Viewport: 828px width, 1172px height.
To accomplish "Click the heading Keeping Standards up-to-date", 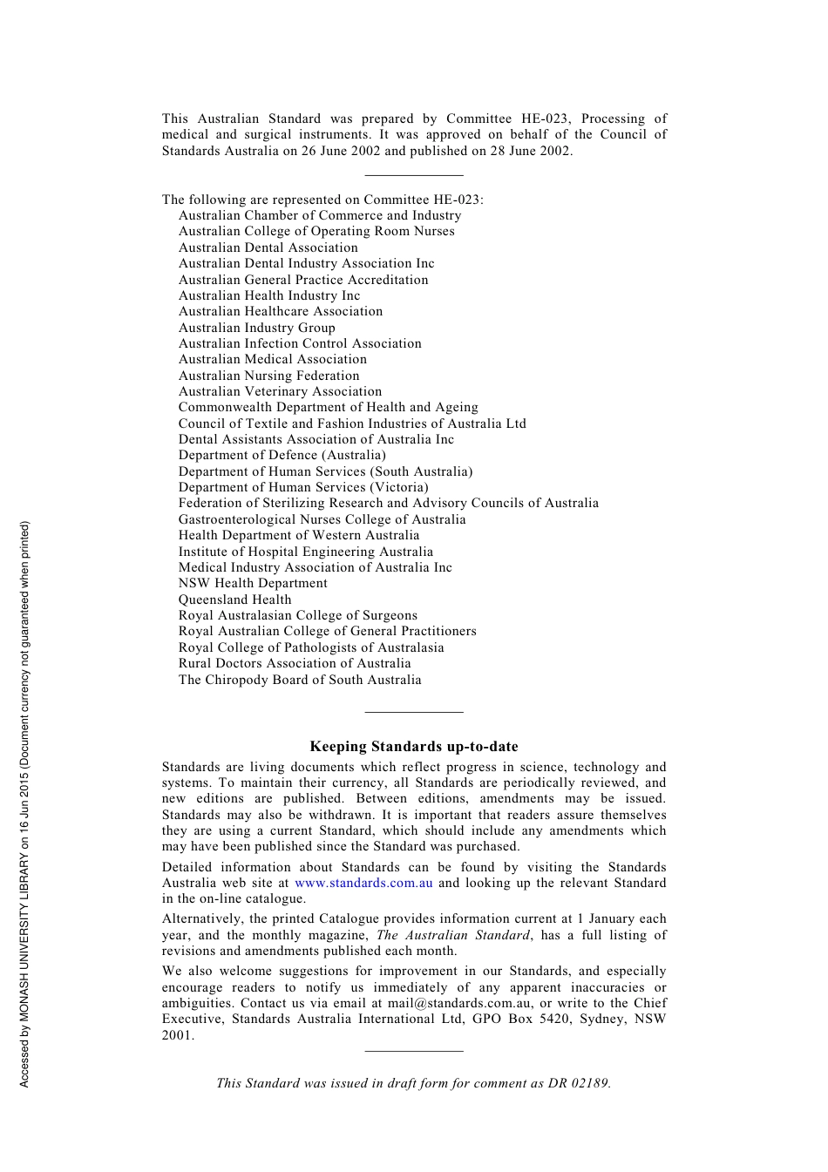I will pos(414,747).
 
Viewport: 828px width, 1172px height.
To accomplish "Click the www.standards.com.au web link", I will pos(363,883).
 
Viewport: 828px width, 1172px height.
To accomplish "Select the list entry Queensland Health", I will pos(234,600).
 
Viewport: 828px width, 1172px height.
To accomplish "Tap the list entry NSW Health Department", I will pos(253,583).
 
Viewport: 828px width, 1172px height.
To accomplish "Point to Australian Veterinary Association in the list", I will pos(280,391).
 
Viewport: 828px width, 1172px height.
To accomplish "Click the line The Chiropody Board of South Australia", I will pos(300,680).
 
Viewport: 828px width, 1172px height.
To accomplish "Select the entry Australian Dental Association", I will pos(268,247).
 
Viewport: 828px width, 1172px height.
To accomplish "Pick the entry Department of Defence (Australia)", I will pos(282,455).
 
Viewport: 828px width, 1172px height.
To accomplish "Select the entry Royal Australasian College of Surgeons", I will pos(297,615).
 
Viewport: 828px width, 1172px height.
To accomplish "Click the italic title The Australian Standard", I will pos(452,935).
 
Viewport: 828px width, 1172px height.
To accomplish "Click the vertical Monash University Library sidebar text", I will pos(24,803).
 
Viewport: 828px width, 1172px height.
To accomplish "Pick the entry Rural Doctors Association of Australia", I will pos(295,663).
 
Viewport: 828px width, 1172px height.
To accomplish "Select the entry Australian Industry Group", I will pos(256,328).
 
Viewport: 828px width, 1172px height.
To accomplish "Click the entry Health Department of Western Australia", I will pos(299,535).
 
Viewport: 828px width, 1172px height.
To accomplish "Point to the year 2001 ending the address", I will pos(177,1035).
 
